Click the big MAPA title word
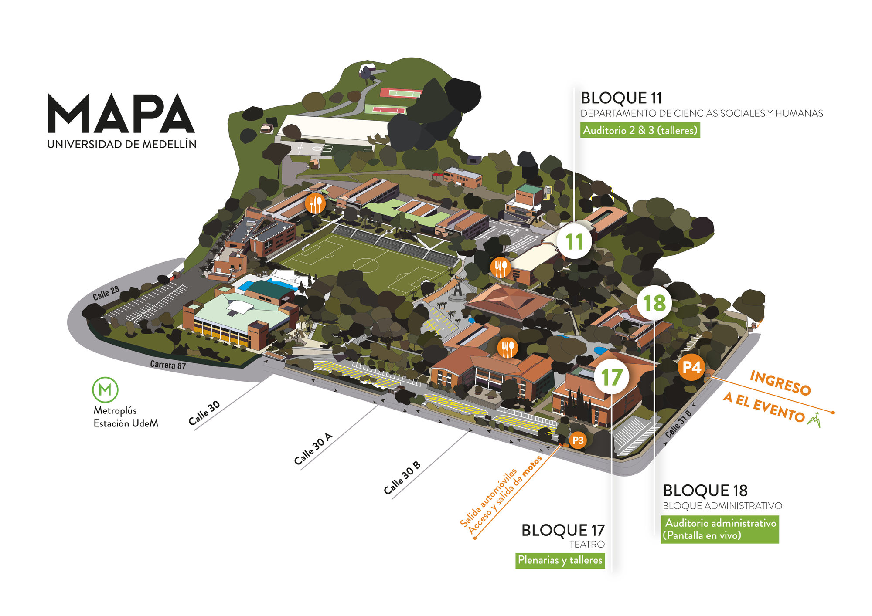click(x=121, y=113)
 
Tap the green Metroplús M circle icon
click(x=105, y=389)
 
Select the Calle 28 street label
click(x=106, y=293)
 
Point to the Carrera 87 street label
click(x=168, y=365)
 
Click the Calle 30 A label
click(x=313, y=449)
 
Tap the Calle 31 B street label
click(x=678, y=424)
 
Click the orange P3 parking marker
click(x=578, y=440)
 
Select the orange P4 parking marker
click(x=691, y=367)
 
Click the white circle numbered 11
click(x=574, y=241)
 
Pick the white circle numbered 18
click(x=654, y=303)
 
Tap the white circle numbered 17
click(x=612, y=377)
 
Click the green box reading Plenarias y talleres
click(x=560, y=560)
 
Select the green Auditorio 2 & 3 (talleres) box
click(x=640, y=130)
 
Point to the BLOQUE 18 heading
click(x=705, y=491)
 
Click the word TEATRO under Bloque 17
click(x=587, y=544)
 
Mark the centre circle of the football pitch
click(x=365, y=264)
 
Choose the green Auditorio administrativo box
click(x=720, y=529)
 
